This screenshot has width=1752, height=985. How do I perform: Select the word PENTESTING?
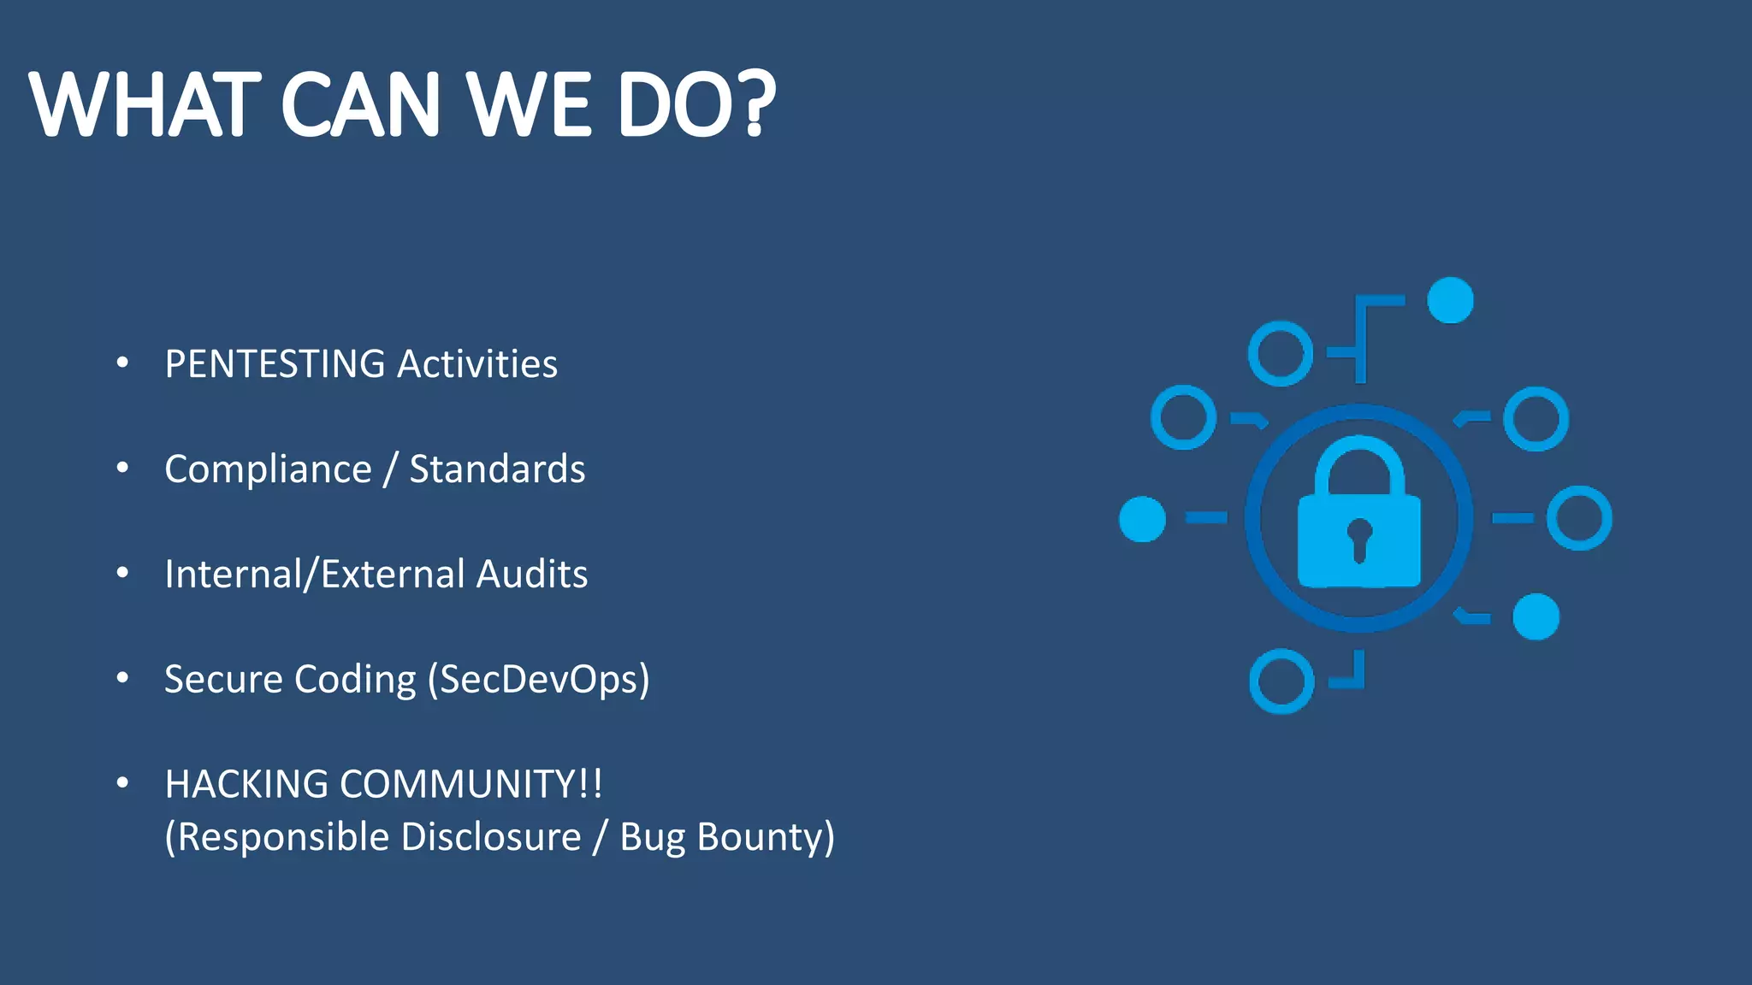(x=275, y=364)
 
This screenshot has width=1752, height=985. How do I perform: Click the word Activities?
(x=477, y=364)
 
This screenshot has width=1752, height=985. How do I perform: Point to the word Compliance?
(x=268, y=469)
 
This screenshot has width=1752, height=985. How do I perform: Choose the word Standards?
(x=497, y=469)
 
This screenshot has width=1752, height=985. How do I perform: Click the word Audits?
(x=532, y=575)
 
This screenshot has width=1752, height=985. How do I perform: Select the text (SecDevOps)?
(x=539, y=680)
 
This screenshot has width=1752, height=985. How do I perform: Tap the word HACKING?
(x=246, y=784)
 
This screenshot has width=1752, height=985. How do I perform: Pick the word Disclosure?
(x=491, y=837)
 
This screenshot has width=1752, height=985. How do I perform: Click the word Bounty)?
(x=766, y=837)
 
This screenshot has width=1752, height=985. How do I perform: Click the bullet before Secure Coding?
(x=122, y=679)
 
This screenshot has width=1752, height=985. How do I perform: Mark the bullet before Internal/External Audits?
(x=122, y=574)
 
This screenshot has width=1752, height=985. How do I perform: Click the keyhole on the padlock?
(x=1359, y=539)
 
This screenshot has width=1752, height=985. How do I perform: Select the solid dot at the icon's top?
(x=1451, y=300)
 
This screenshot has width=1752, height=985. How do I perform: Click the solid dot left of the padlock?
(x=1142, y=518)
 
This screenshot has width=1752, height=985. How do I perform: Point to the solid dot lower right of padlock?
(x=1536, y=616)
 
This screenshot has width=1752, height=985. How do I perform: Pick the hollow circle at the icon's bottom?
(x=1281, y=681)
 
